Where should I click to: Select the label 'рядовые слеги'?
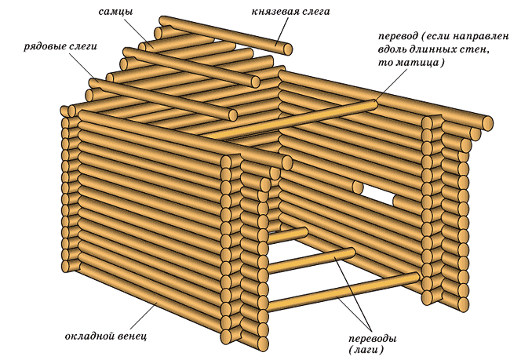[x=60, y=47]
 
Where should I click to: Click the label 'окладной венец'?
[x=105, y=336]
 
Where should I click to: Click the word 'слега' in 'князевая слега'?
[x=313, y=13]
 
